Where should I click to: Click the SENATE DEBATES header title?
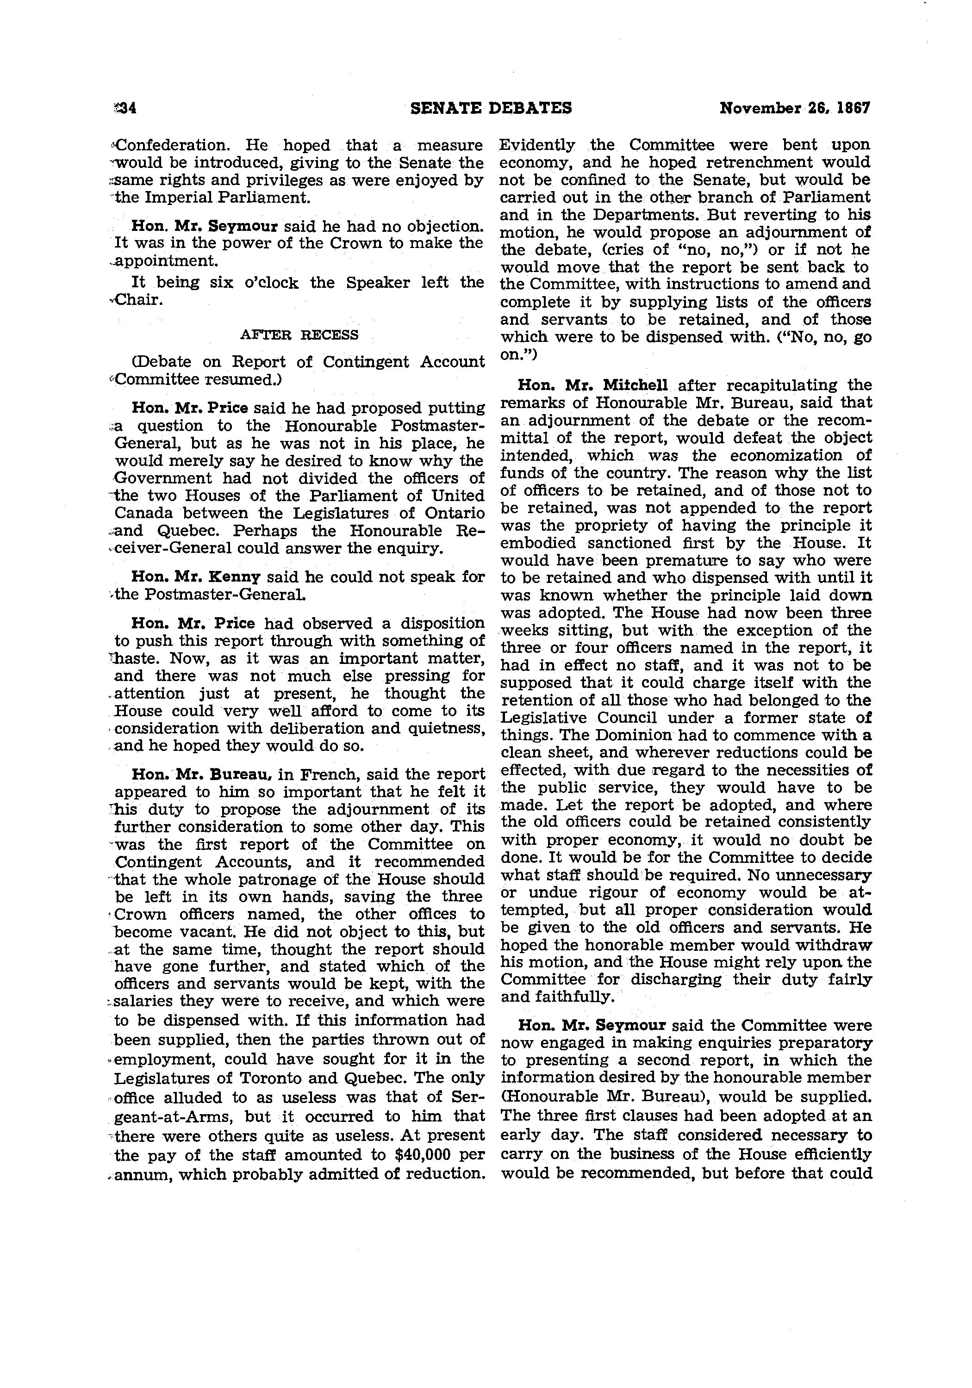(491, 108)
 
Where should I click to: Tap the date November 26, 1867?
(794, 108)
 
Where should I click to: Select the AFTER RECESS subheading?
(299, 335)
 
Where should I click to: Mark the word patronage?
(280, 880)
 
